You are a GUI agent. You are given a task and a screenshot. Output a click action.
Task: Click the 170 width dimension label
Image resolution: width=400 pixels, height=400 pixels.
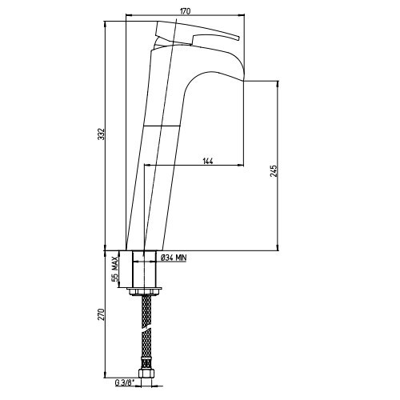click(x=185, y=11)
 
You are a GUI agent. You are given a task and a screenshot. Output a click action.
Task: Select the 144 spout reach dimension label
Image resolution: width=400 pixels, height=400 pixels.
click(x=208, y=161)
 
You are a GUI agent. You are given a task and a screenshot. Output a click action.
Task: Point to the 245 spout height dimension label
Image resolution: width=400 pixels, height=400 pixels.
click(x=274, y=171)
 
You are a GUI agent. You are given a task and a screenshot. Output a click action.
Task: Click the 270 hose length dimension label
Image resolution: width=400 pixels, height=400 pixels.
click(x=101, y=314)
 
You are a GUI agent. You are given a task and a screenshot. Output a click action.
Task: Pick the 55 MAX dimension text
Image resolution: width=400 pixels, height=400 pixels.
click(x=114, y=269)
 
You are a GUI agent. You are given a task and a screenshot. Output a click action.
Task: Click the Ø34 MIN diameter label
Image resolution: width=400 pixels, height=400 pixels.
click(x=174, y=258)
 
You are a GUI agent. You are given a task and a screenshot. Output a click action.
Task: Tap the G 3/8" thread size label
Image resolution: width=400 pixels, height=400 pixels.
click(x=124, y=382)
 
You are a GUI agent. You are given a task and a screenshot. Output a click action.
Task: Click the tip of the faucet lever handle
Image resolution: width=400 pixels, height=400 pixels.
click(x=239, y=38)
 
